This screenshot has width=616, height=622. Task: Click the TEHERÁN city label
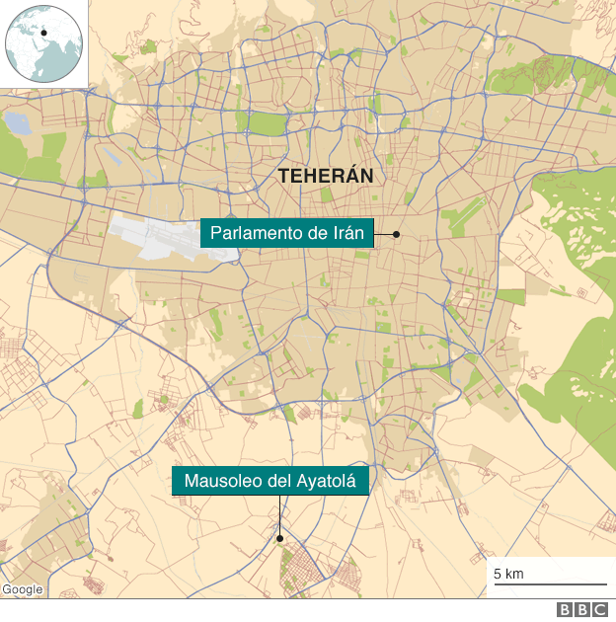[326, 176]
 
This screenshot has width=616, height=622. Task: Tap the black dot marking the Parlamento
[396, 234]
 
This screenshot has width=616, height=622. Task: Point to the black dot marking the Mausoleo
[280, 539]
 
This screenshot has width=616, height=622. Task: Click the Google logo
[22, 589]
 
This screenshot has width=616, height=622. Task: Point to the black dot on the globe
[44, 33]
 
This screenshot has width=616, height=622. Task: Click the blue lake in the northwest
[18, 123]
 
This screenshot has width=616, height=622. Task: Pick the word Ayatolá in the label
[331, 482]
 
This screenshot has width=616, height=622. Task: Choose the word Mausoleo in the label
[222, 482]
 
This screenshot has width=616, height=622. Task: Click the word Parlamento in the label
[257, 234]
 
